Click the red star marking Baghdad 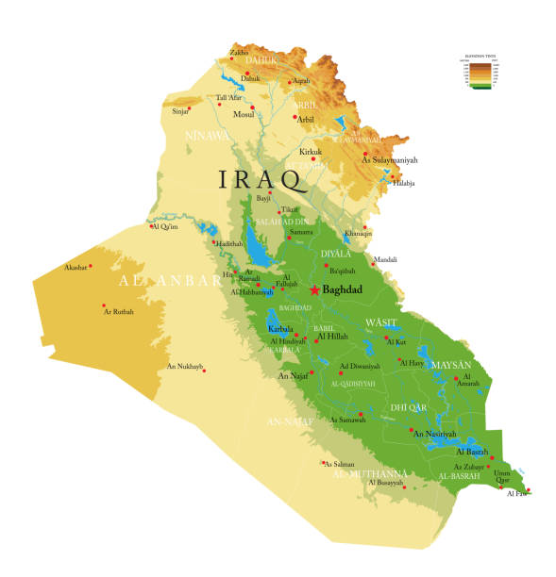click(313, 289)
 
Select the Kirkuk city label click(311, 152)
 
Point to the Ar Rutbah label click(118, 312)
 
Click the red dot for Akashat click(91, 267)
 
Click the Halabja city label click(402, 183)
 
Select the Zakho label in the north click(240, 53)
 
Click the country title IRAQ click(261, 178)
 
